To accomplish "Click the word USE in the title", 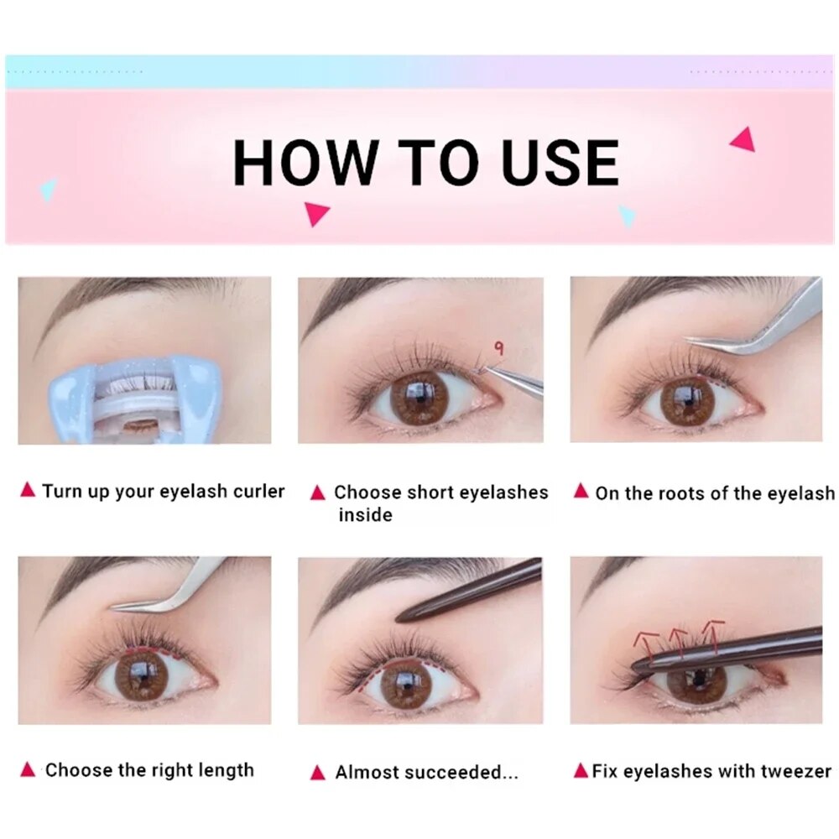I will click(560, 163).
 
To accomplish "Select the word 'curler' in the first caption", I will click(254, 491).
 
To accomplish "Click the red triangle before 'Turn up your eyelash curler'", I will click(28, 490).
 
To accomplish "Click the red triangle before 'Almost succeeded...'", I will click(317, 772).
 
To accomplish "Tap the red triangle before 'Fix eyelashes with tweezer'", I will click(581, 770).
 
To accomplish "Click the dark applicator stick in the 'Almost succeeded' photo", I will click(470, 591).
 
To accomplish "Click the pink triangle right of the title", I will click(743, 139).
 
